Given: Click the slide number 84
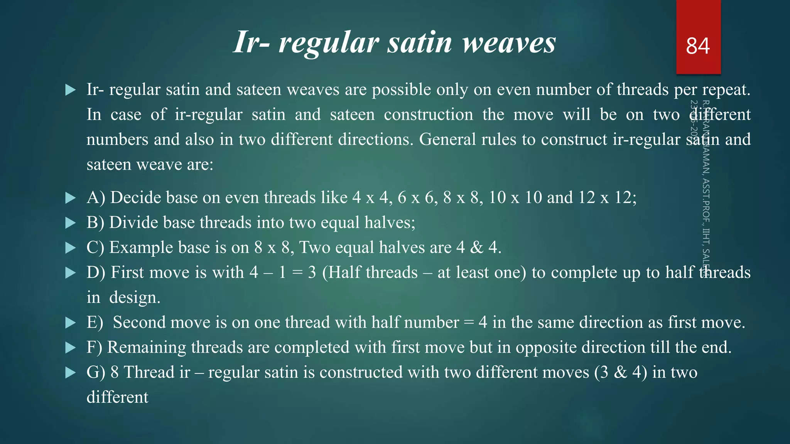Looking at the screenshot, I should (698, 46).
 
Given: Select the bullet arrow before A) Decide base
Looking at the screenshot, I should (71, 198).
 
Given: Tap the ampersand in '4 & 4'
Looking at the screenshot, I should (477, 247).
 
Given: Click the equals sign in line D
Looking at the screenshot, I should (297, 272).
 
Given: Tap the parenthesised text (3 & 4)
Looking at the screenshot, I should (621, 372).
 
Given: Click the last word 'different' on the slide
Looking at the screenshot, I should (117, 397).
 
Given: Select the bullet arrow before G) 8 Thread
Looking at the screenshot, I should (71, 373).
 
